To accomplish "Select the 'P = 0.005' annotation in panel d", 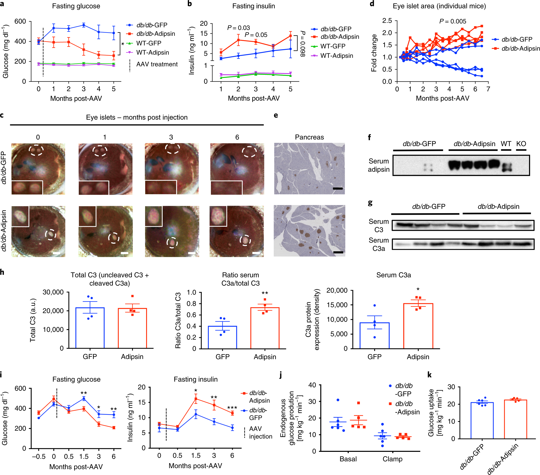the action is [x=453, y=21].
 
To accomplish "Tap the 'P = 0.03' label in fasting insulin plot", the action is [x=238, y=28].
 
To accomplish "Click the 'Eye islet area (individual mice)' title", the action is [x=439, y=6].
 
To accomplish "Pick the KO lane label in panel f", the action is [x=521, y=144].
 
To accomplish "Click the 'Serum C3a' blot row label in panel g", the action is [x=379, y=244].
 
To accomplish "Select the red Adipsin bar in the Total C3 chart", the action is [x=132, y=328].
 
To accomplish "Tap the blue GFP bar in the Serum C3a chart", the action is [x=374, y=335].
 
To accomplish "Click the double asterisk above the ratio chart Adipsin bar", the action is [x=265, y=293].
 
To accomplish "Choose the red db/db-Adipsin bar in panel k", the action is [x=515, y=419].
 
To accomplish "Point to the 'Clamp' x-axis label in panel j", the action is [x=392, y=459].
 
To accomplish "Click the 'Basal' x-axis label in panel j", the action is [x=348, y=459].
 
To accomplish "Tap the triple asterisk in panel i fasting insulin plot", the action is [x=232, y=408].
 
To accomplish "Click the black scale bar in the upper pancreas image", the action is [x=338, y=189].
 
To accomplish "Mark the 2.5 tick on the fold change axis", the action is [x=388, y=21].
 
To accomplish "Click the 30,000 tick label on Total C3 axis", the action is [x=53, y=292].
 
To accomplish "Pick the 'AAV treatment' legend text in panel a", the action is [x=157, y=64].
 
